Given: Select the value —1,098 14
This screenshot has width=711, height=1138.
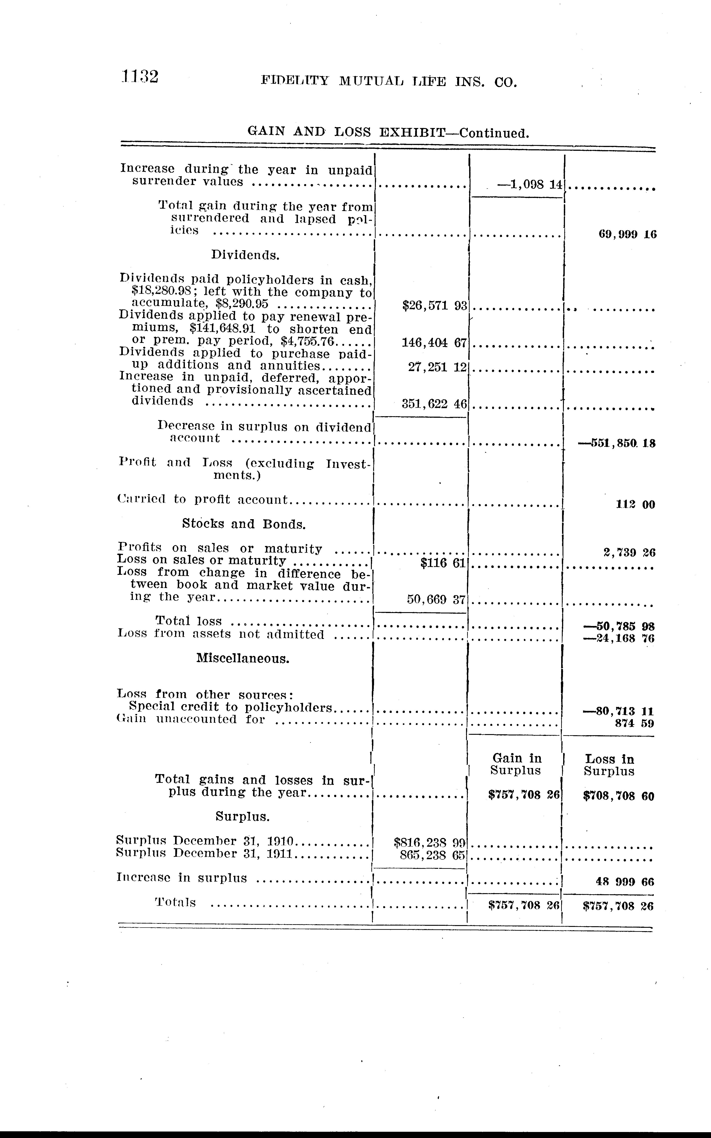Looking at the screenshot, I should click(x=529, y=184).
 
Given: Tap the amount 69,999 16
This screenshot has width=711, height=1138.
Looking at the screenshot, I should click(x=627, y=234).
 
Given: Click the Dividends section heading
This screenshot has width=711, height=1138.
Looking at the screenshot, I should click(x=245, y=255).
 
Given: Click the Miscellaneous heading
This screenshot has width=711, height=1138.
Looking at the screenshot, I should click(x=243, y=658).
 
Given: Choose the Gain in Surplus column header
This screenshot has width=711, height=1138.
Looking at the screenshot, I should click(x=516, y=764).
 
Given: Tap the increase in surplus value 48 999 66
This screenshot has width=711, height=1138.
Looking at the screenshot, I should click(x=625, y=882).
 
